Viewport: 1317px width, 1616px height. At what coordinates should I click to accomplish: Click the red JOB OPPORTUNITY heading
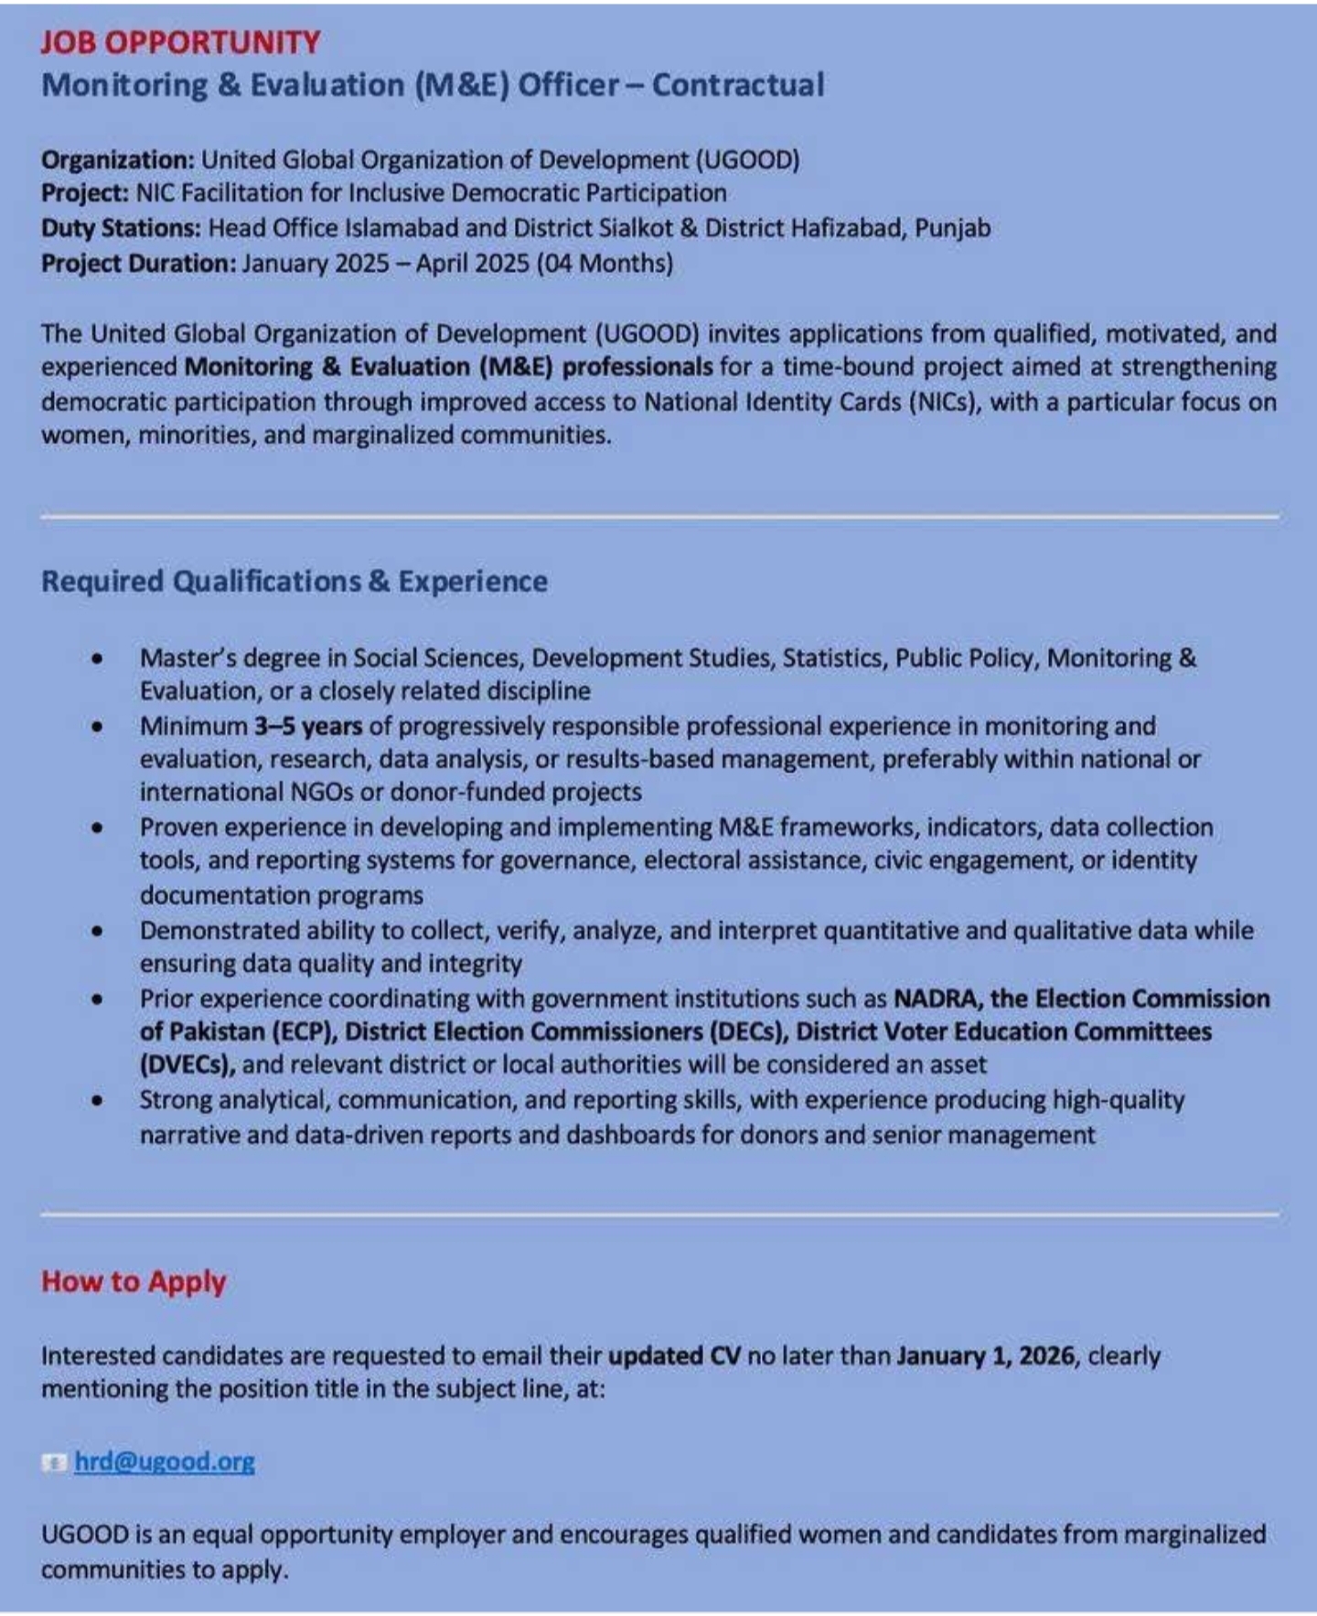click(180, 42)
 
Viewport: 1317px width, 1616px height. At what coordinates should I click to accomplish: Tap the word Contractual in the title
click(738, 85)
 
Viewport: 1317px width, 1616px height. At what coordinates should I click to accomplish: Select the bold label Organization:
click(117, 160)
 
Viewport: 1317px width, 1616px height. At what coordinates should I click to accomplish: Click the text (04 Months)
click(605, 263)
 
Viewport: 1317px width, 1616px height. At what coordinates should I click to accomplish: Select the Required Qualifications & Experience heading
click(294, 582)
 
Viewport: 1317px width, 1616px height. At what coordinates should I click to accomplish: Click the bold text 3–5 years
click(308, 726)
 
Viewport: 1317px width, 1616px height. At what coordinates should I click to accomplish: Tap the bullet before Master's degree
click(97, 658)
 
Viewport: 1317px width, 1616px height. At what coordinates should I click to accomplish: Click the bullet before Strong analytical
click(97, 1100)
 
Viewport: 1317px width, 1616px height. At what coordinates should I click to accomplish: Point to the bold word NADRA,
click(937, 999)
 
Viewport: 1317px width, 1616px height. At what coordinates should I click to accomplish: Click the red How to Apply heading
click(134, 1282)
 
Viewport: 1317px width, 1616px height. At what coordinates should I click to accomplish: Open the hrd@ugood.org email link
click(165, 1461)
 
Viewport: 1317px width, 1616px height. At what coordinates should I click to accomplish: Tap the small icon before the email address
click(54, 1462)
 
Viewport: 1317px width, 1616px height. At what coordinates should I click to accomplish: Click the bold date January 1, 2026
click(985, 1355)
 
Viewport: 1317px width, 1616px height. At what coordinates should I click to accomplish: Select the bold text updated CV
click(674, 1355)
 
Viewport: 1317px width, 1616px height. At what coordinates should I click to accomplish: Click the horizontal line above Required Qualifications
click(658, 518)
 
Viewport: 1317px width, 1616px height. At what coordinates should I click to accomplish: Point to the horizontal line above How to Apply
click(658, 1215)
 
